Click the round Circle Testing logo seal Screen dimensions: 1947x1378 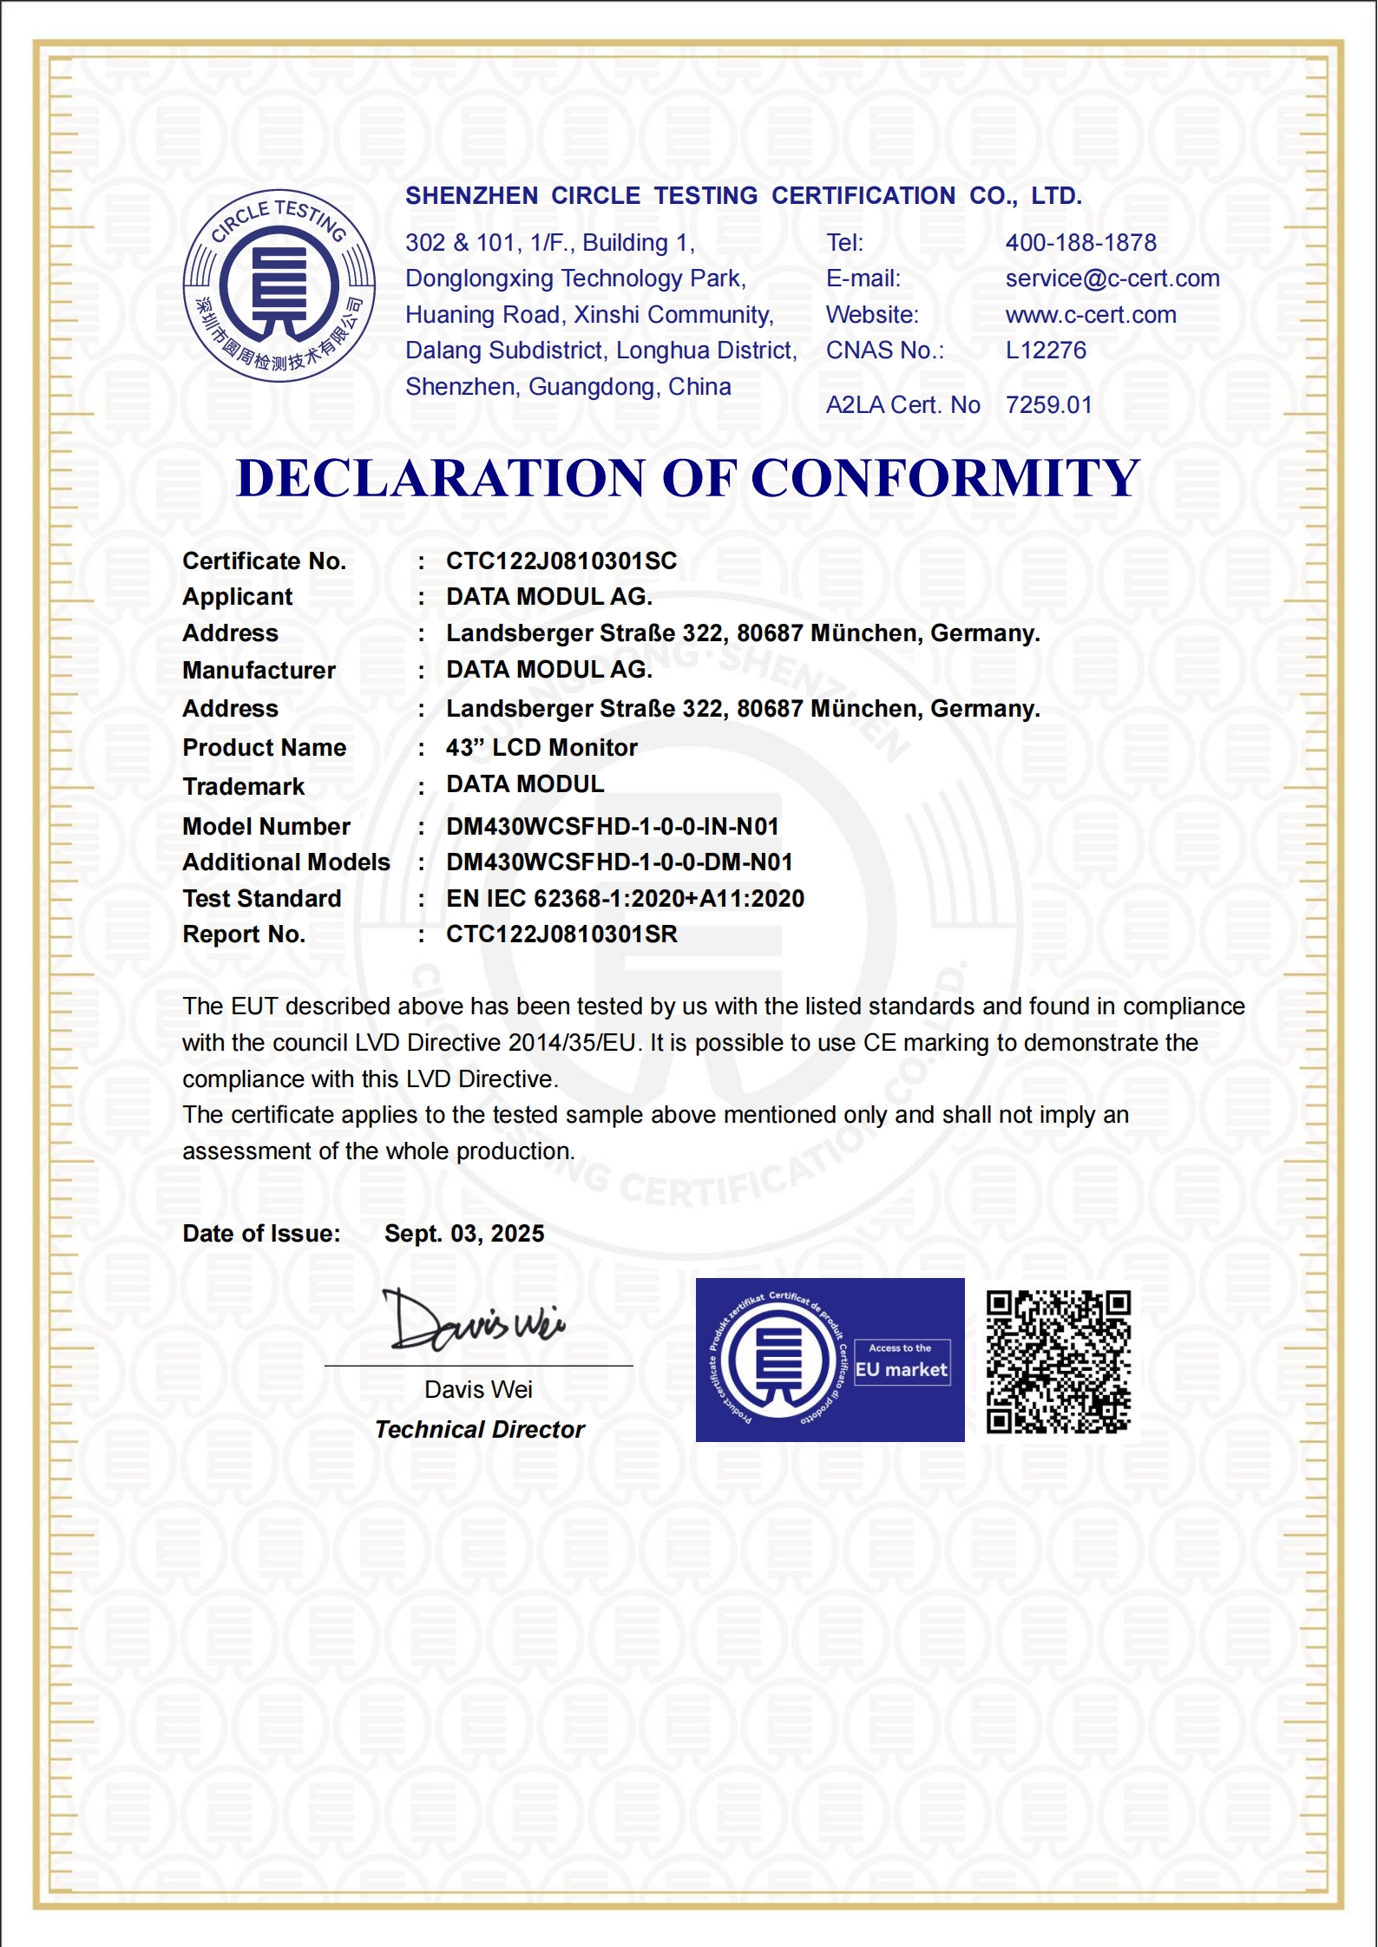[279, 285]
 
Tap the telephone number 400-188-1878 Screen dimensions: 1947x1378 [1080, 243]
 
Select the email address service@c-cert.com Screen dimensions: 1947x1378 [1112, 279]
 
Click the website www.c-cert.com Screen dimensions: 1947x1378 [1091, 315]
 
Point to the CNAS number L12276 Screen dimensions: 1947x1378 [1046, 351]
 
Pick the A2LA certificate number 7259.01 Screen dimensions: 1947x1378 [1048, 405]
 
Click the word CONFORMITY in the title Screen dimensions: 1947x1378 [945, 478]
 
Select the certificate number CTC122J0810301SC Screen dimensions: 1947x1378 [561, 561]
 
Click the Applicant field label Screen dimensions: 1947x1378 [238, 597]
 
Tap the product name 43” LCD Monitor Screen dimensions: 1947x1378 [541, 748]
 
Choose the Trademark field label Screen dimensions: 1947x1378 [244, 787]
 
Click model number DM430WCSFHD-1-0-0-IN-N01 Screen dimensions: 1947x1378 [612, 827]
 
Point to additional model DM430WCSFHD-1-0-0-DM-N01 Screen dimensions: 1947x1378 [619, 862]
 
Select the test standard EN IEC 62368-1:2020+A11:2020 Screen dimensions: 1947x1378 [625, 899]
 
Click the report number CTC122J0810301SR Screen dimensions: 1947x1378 [561, 934]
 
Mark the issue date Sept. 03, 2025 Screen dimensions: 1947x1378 [464, 1234]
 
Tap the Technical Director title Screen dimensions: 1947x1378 [480, 1430]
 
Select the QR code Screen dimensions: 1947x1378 [1059, 1361]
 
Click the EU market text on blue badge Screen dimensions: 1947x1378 [902, 1370]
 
